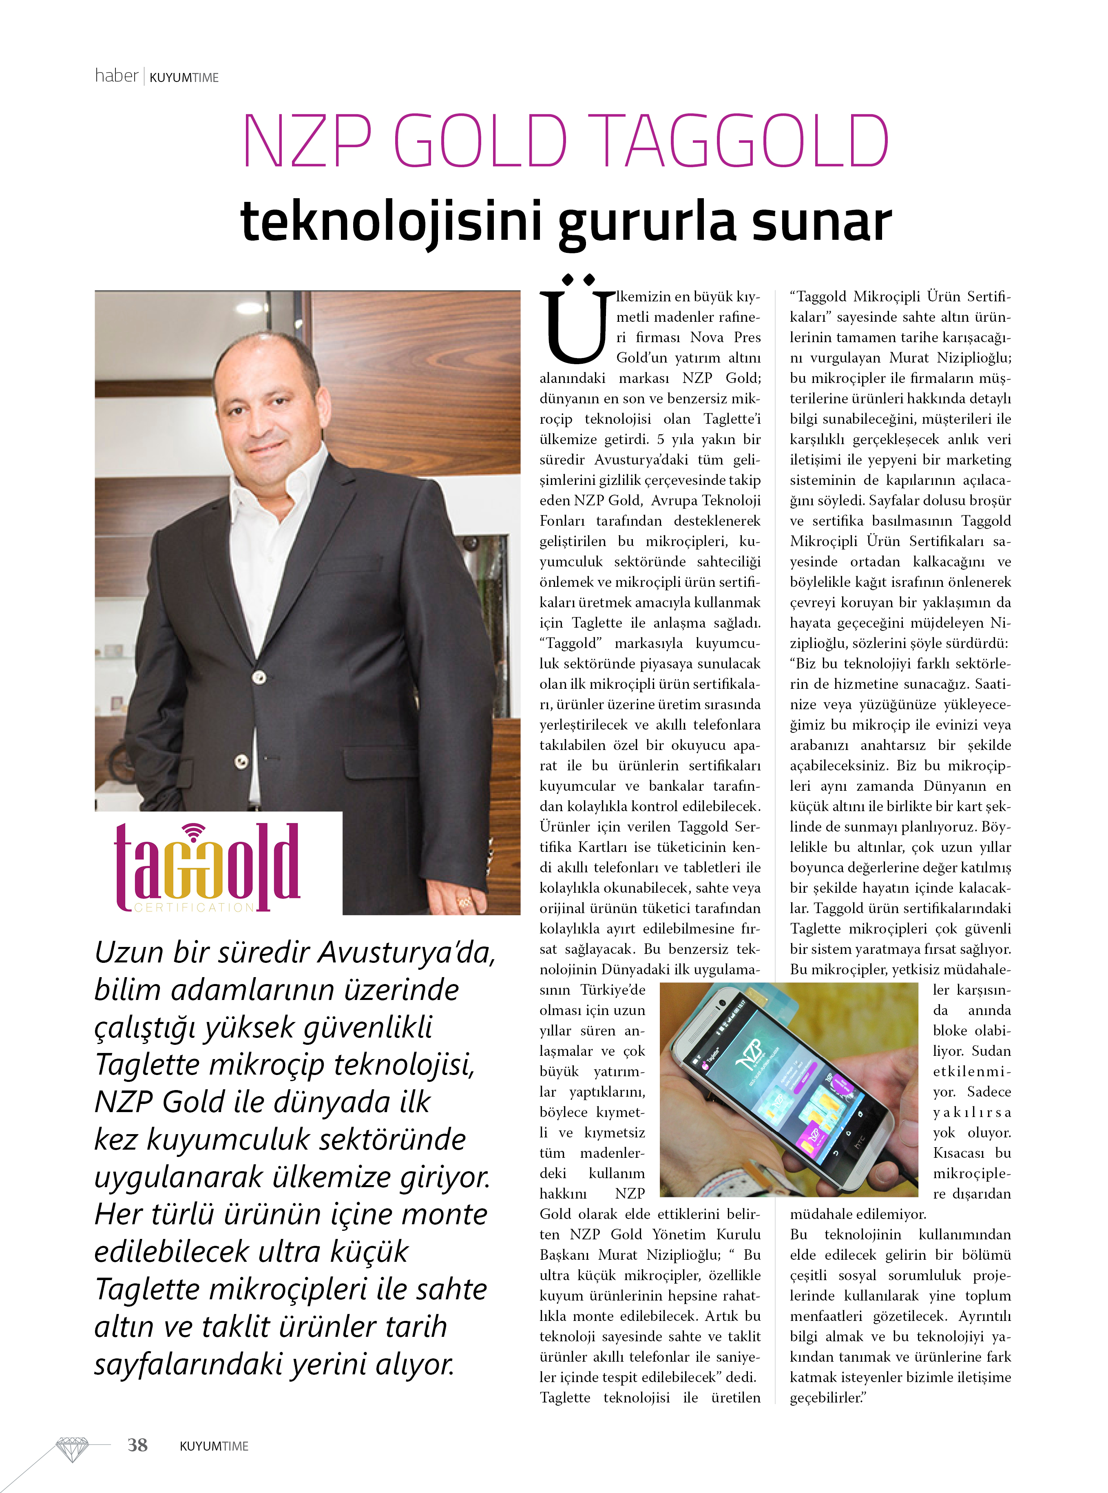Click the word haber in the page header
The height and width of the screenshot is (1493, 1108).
click(x=116, y=76)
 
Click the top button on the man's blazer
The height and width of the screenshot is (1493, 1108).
click(x=259, y=677)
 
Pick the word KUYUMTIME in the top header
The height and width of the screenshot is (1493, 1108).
click(x=184, y=78)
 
